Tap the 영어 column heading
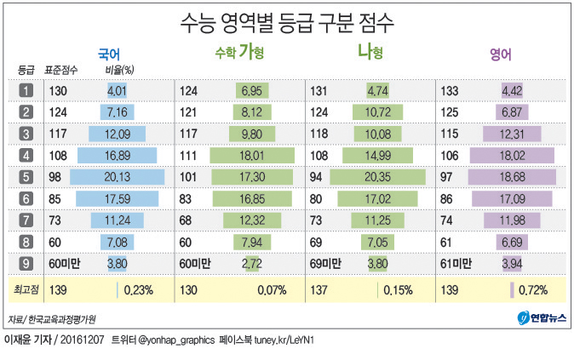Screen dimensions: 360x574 500,54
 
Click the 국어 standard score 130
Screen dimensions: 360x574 57,90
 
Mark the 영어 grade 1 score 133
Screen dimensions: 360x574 450,90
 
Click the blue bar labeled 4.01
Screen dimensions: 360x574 117,90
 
